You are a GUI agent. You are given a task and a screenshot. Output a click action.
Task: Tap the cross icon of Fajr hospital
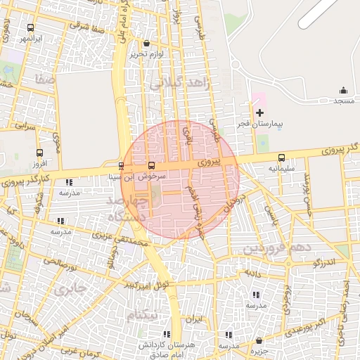(259, 112)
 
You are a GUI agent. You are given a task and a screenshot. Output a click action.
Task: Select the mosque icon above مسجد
(343, 90)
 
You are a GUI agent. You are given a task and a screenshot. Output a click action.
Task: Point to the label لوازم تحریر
(146, 54)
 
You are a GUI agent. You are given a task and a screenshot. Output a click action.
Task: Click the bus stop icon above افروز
(39, 153)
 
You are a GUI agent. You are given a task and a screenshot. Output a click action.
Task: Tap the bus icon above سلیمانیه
(282, 158)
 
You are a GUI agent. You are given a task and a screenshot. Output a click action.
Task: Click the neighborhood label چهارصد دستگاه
(131, 209)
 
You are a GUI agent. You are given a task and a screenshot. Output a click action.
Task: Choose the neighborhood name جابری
(70, 289)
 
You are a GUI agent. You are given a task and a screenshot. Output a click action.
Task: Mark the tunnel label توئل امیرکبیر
(148, 285)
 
